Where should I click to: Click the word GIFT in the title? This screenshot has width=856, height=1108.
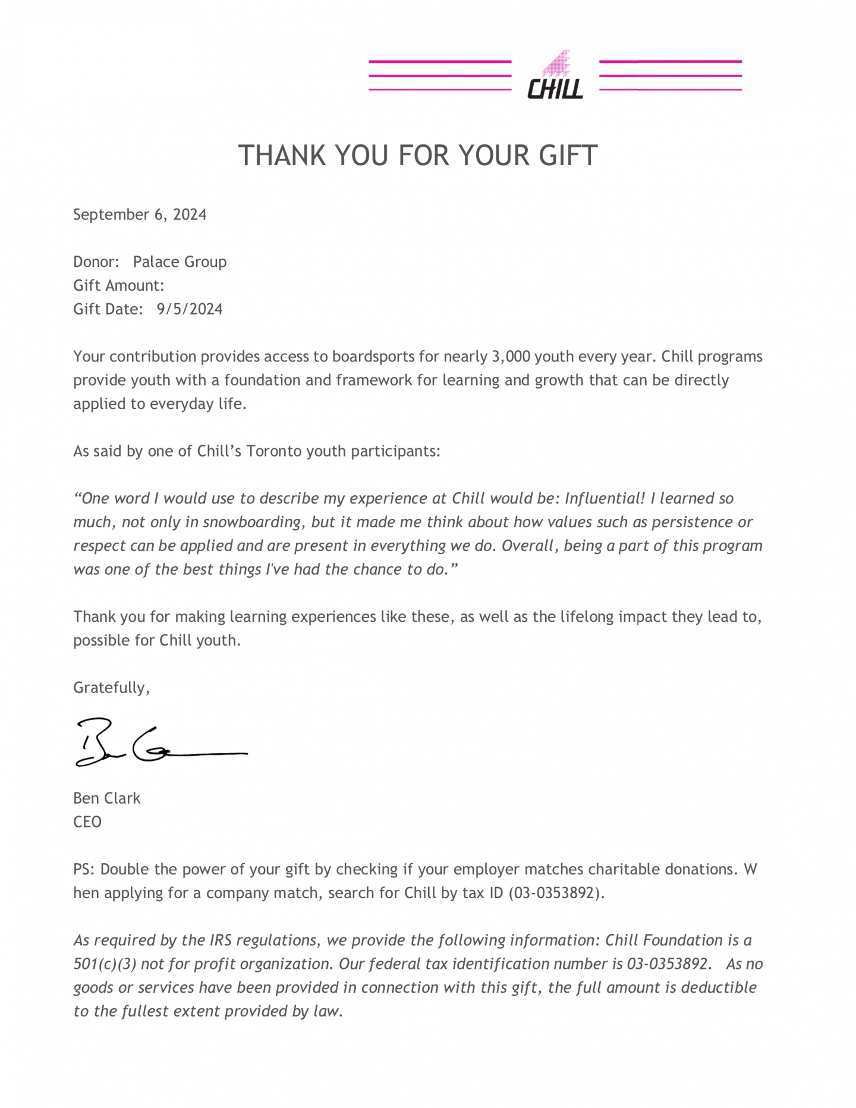568,156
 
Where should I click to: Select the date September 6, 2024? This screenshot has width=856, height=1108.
140,215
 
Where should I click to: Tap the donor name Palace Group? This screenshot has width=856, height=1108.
180,262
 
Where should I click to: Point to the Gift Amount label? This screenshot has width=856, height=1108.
118,286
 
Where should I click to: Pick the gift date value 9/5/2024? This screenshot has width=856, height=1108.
190,310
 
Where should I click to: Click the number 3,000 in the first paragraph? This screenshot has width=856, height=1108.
511,357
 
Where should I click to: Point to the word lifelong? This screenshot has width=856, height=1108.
587,617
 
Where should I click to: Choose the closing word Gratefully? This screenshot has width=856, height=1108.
111,688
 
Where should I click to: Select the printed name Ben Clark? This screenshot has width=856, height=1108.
106,798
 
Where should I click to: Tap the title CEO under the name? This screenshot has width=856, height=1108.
87,822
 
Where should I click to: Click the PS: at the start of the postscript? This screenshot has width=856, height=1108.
84,870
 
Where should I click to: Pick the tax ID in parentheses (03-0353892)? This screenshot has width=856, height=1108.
556,893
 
